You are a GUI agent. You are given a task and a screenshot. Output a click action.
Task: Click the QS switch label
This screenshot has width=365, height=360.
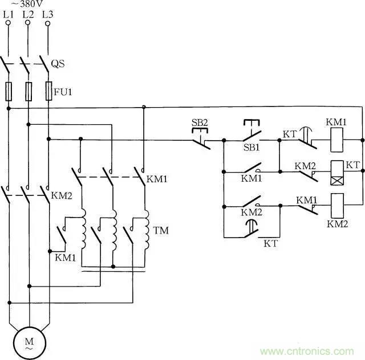point(58,64)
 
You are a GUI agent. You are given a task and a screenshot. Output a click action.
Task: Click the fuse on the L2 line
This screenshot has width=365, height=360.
point(28,91)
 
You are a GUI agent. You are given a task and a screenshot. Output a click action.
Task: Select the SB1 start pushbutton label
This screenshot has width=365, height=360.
point(250,148)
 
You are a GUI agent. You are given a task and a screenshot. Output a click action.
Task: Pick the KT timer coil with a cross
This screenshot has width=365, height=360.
point(336,170)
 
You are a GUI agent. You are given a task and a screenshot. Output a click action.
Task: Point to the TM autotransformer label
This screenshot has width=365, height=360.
point(160,231)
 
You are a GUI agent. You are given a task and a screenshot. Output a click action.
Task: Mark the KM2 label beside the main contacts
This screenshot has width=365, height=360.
point(61,195)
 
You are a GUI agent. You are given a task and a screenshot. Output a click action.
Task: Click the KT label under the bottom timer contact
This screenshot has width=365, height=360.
point(271,243)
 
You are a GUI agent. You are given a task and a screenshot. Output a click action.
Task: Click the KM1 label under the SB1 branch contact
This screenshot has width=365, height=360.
point(251,179)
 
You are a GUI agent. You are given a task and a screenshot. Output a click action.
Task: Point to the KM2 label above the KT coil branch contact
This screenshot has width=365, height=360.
point(305,166)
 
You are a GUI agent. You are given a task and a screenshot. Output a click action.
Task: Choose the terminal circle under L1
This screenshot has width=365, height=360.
point(9,23)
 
